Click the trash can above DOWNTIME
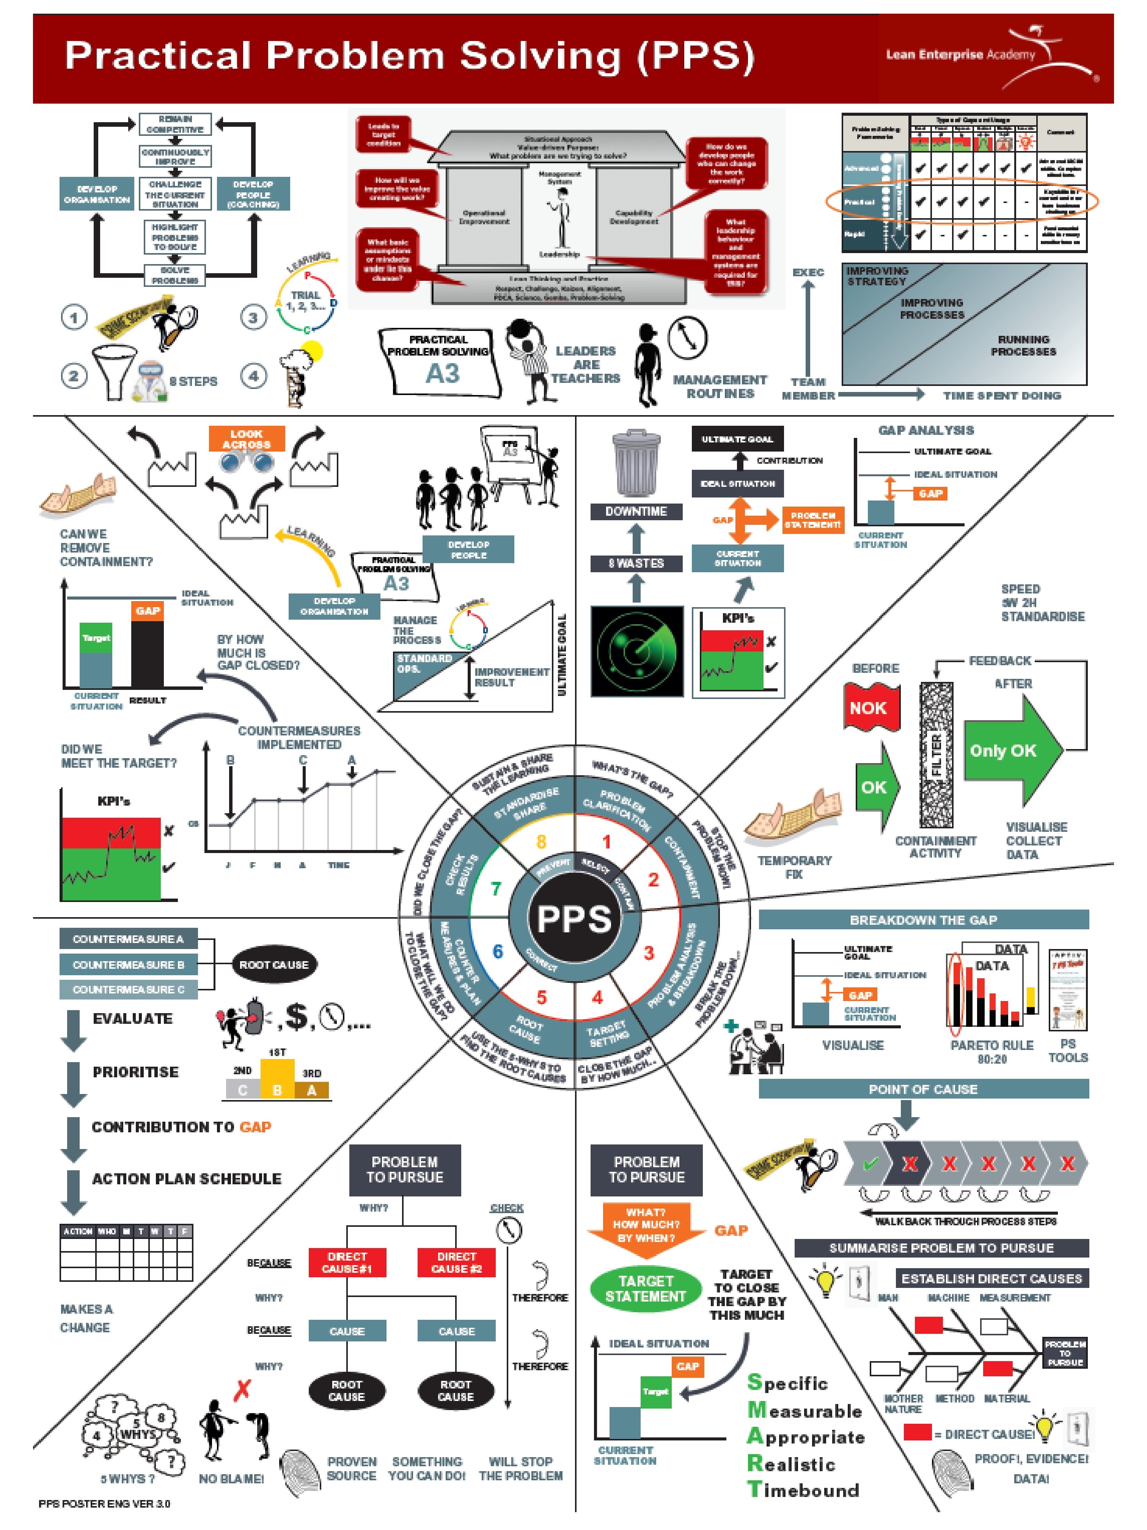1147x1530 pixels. [636, 463]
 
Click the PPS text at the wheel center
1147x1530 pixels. [574, 919]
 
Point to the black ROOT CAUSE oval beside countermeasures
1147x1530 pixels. [274, 964]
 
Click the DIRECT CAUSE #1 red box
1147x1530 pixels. [347, 1262]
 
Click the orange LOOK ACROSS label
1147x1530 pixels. [246, 439]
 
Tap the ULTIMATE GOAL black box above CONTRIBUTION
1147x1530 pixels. [737, 439]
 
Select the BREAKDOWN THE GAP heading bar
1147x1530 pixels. [923, 920]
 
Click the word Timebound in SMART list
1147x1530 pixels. [803, 1489]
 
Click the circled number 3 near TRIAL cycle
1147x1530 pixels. [253, 318]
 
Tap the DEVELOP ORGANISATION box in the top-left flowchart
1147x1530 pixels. [97, 194]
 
